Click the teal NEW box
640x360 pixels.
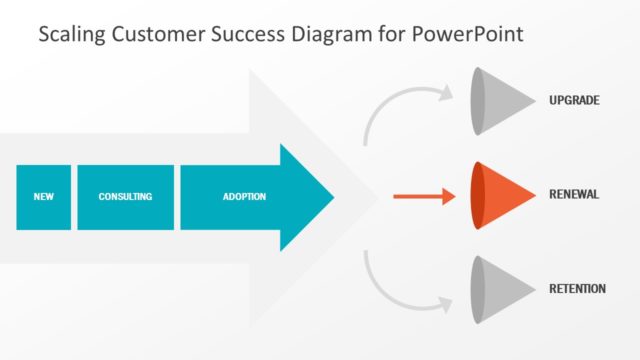point(44,197)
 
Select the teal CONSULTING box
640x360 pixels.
point(125,197)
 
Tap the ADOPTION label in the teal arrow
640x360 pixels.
point(244,197)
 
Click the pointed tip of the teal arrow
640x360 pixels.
point(330,197)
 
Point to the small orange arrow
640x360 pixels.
point(424,197)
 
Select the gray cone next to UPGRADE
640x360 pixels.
point(506,101)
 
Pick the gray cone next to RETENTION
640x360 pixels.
point(506,290)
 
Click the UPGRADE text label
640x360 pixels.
point(576,100)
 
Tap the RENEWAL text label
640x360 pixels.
point(575,194)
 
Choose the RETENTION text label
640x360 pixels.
point(578,289)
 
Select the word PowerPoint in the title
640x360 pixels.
point(471,35)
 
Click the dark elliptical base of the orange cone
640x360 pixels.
point(479,195)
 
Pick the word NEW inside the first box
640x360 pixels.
point(44,197)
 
